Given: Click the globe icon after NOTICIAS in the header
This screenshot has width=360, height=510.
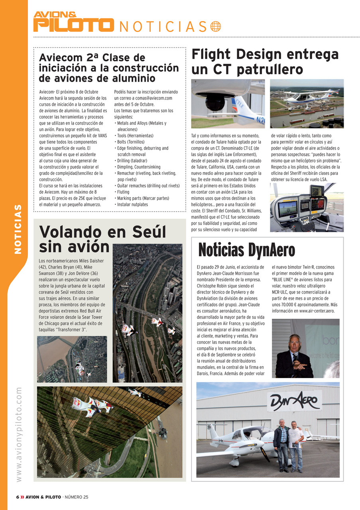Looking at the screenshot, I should point(215,26).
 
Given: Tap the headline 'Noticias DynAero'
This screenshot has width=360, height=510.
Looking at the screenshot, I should point(246,250).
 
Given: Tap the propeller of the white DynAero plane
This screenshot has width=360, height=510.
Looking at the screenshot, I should point(265,451).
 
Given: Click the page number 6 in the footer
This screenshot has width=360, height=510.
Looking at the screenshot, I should point(18,497).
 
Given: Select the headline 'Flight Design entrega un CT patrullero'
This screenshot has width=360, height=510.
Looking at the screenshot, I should point(265,62).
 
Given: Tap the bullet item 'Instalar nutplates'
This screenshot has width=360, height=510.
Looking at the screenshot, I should point(132,204).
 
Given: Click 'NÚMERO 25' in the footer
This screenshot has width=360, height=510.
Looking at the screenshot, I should point(77,497).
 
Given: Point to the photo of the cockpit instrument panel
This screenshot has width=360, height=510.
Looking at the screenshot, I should point(306,208).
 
